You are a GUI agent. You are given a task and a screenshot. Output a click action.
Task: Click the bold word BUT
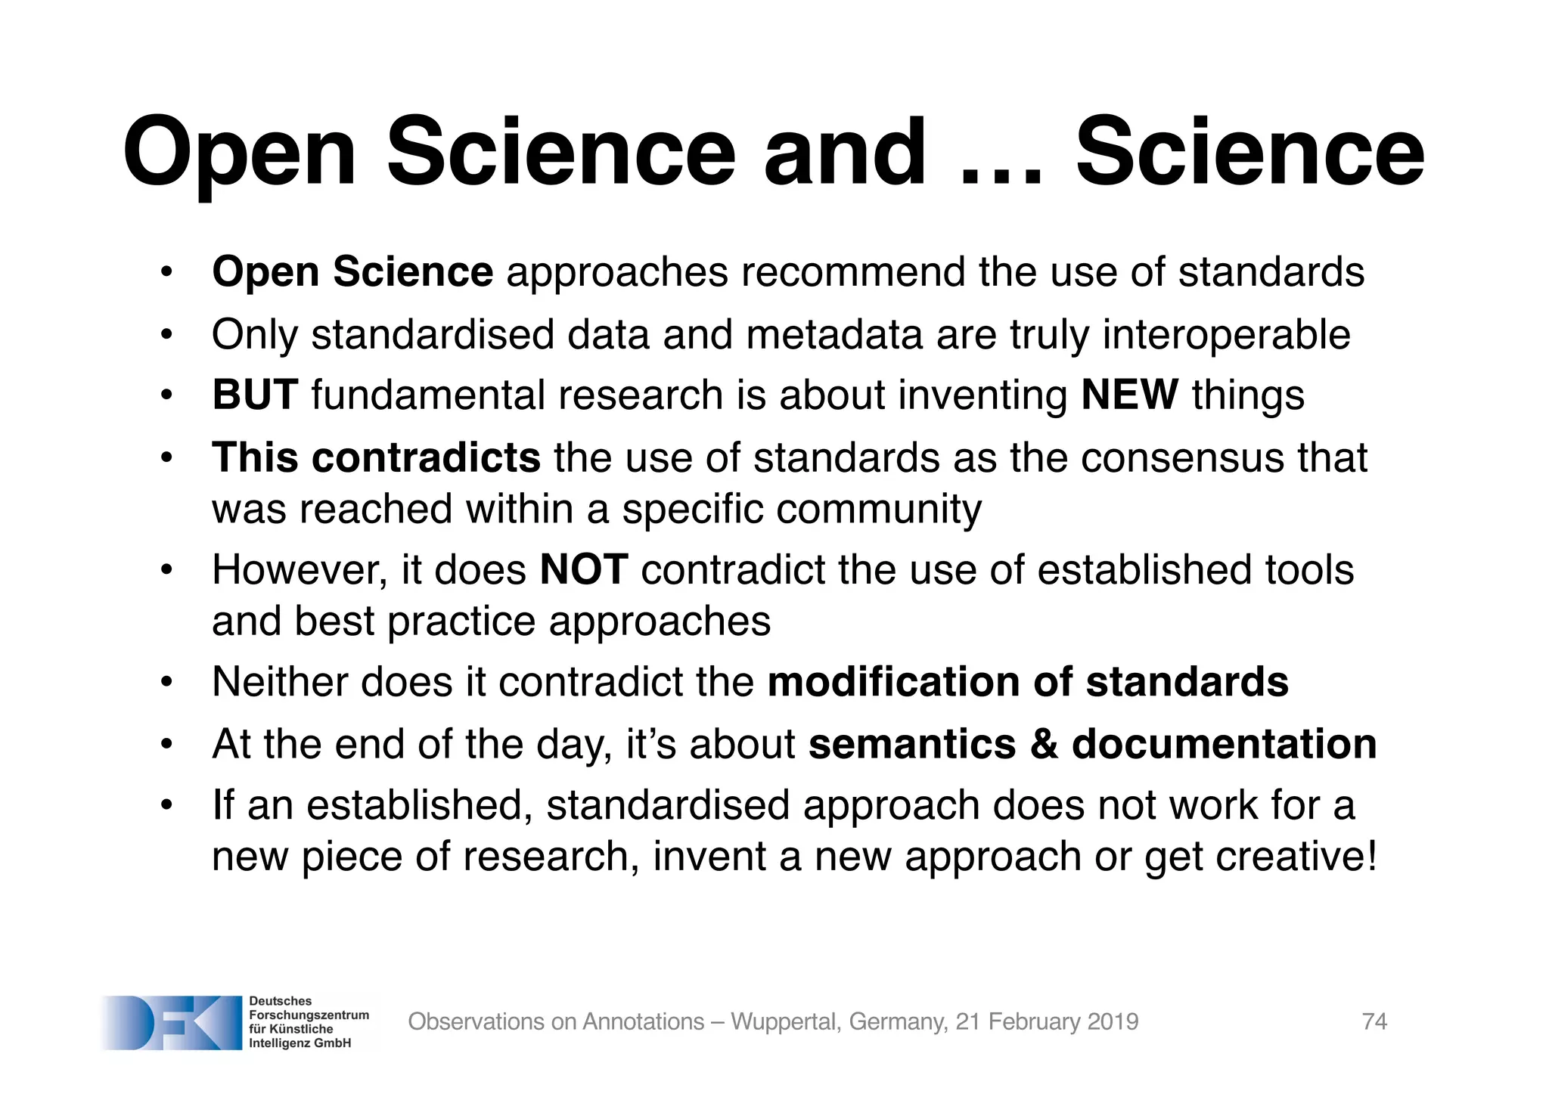click(255, 395)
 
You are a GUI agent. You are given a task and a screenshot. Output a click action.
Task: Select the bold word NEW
click(1129, 395)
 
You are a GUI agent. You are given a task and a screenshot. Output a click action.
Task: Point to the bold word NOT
click(583, 569)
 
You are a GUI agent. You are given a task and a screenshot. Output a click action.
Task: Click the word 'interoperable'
click(1226, 334)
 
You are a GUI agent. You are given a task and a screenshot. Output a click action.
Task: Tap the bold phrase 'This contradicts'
click(376, 457)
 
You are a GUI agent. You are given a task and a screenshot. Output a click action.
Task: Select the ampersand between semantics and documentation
click(1044, 744)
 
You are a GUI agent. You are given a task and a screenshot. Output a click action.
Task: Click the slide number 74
click(1374, 1021)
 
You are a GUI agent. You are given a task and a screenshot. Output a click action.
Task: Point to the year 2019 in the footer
click(1112, 1021)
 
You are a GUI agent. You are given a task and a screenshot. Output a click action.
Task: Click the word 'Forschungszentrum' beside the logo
click(309, 1015)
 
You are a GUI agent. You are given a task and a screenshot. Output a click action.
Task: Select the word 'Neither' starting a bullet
click(278, 682)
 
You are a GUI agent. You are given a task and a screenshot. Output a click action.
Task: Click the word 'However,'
click(300, 569)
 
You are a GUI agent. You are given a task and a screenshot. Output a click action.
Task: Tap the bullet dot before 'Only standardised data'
click(167, 335)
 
